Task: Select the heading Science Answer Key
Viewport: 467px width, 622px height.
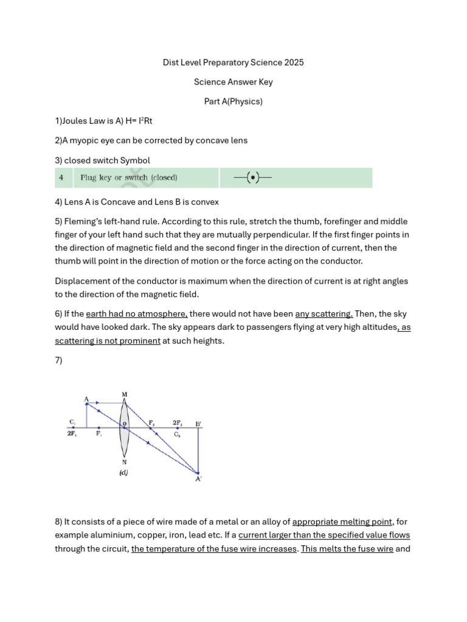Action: pyautogui.click(x=233, y=82)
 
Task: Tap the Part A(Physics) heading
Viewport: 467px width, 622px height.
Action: pyautogui.click(x=233, y=101)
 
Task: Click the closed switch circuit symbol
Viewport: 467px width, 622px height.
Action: pyautogui.click(x=252, y=178)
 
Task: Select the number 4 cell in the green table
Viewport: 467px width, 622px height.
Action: pyautogui.click(x=61, y=178)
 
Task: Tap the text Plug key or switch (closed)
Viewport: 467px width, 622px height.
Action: pyautogui.click(x=129, y=178)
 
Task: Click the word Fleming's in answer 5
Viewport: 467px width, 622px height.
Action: pyautogui.click(x=81, y=221)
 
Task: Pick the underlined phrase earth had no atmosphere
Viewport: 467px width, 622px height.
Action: pyautogui.click(x=137, y=314)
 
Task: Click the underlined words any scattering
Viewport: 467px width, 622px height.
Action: pyautogui.click(x=323, y=314)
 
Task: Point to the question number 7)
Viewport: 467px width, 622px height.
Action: pyautogui.click(x=59, y=360)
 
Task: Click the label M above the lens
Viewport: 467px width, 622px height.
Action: pyautogui.click(x=125, y=395)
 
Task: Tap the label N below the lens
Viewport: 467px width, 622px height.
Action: pyautogui.click(x=125, y=462)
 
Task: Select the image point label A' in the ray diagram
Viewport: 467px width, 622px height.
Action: pyautogui.click(x=198, y=479)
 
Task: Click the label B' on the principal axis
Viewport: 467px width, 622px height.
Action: pyautogui.click(x=198, y=423)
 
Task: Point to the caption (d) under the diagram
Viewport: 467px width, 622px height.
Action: pyautogui.click(x=123, y=473)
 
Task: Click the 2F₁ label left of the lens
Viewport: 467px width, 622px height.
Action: pyautogui.click(x=72, y=434)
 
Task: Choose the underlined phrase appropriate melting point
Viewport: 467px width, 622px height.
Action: pyautogui.click(x=342, y=522)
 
